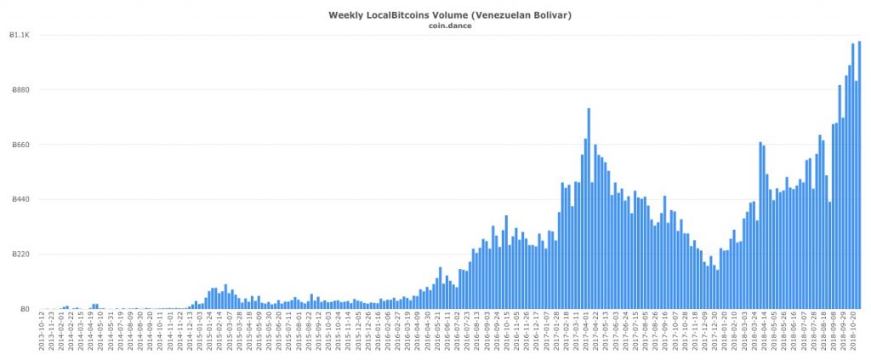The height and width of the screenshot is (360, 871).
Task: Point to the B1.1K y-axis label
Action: (20, 35)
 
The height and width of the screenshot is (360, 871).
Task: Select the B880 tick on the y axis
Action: (20, 90)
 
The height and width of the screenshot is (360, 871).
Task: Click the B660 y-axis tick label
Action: (20, 145)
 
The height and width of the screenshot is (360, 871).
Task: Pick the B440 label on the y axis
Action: (20, 200)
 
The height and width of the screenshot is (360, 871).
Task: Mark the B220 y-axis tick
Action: (20, 254)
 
